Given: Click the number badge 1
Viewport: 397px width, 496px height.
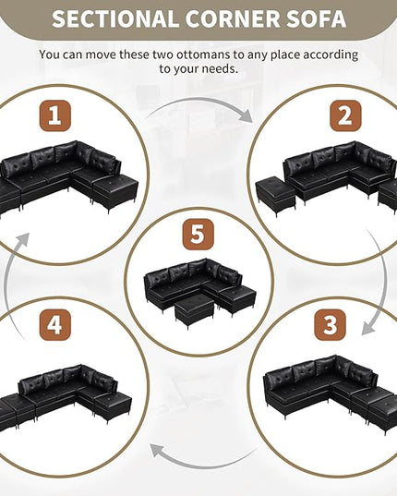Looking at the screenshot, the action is pos(55,115).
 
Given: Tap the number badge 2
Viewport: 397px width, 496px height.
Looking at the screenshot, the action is pos(345,115).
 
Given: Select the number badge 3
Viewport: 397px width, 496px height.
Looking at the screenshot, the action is pos(330,325).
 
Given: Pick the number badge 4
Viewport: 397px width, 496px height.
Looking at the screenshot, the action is pos(55,325).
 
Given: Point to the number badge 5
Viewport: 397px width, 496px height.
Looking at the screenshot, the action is pos(198,235).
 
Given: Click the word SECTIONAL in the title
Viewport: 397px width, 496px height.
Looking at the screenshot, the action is pos(114,19).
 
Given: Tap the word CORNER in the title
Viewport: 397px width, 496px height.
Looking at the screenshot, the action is pos(233,19).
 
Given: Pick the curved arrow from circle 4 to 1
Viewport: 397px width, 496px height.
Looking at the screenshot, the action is pos(9,284).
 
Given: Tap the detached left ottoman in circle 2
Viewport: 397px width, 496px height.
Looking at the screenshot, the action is pos(275,196).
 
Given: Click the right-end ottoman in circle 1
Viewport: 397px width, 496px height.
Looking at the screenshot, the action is pos(115,192).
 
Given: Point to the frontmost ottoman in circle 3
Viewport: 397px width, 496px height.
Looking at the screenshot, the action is pos(382,413).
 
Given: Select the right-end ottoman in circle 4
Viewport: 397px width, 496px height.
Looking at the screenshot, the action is pos(113,407).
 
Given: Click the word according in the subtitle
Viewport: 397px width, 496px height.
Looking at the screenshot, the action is pos(331,55).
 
